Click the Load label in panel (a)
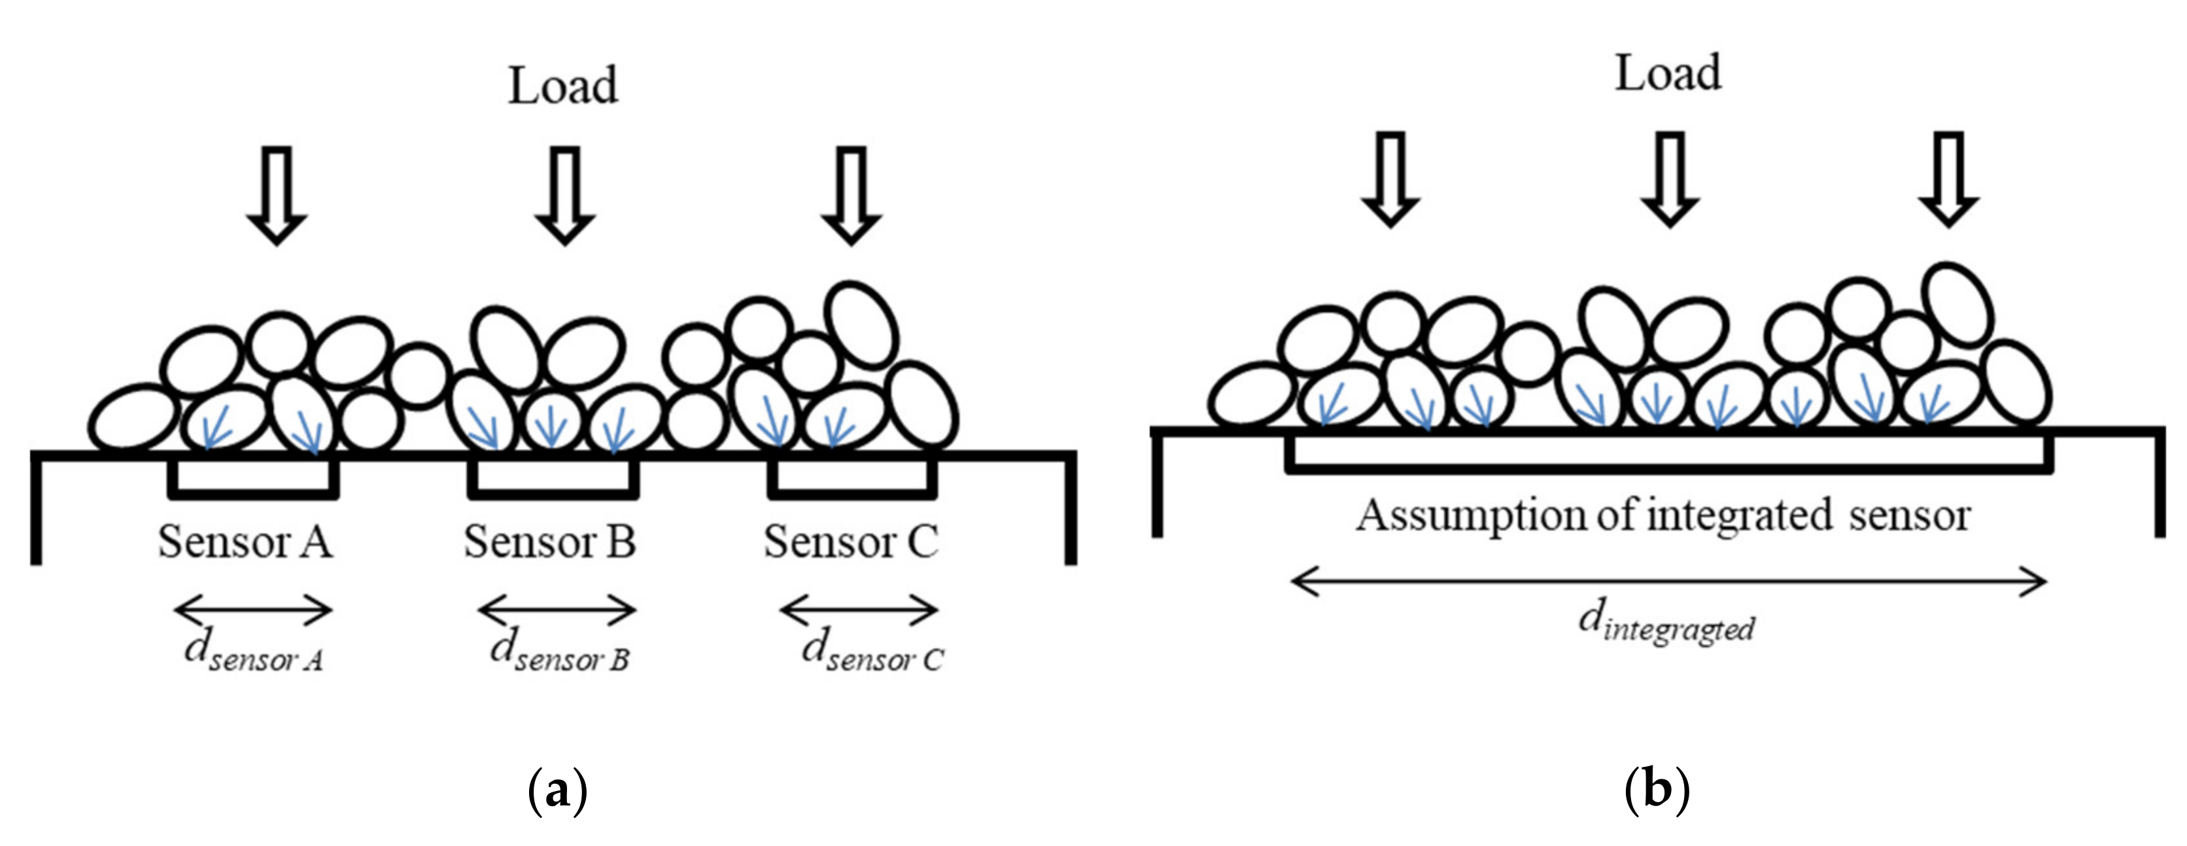click(563, 86)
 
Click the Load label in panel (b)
click(1668, 74)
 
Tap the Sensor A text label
click(245, 542)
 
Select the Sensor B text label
click(550, 542)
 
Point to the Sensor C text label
click(851, 542)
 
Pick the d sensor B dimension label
click(559, 652)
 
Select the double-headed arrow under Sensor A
click(253, 609)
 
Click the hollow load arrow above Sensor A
click(277, 196)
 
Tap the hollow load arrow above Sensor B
click(564, 196)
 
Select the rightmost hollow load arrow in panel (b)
click(1948, 179)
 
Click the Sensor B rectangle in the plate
click(552, 478)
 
